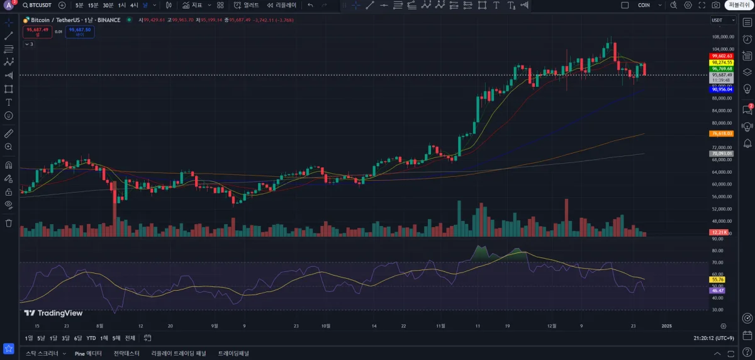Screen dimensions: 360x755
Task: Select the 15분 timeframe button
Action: (x=93, y=5)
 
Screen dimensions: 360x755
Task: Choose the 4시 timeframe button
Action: (x=134, y=5)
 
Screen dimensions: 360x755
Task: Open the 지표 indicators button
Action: (x=193, y=5)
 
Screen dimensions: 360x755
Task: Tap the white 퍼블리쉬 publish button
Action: (x=739, y=5)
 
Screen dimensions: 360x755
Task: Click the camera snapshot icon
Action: (x=716, y=5)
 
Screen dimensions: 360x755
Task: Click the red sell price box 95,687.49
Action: (x=37, y=31)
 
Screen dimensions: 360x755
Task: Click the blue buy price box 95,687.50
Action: (x=81, y=31)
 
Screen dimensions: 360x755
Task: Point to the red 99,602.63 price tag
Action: (x=721, y=56)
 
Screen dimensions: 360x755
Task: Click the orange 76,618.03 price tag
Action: (x=721, y=133)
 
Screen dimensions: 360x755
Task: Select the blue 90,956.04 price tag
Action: (x=721, y=89)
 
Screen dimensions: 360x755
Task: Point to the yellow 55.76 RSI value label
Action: (x=718, y=279)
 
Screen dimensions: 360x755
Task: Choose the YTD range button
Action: (x=91, y=338)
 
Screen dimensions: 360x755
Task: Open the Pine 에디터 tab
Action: (x=88, y=353)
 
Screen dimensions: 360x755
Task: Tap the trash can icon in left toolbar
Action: (x=9, y=223)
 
